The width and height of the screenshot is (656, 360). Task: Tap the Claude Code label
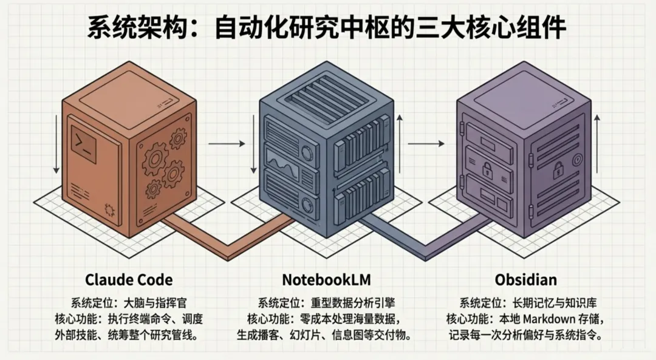tap(129, 280)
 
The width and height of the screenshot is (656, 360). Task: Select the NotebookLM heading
tap(327, 280)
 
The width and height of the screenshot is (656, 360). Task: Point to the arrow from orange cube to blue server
tap(226, 144)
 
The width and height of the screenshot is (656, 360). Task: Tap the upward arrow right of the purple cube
tap(598, 143)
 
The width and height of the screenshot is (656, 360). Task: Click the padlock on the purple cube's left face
tap(487, 169)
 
